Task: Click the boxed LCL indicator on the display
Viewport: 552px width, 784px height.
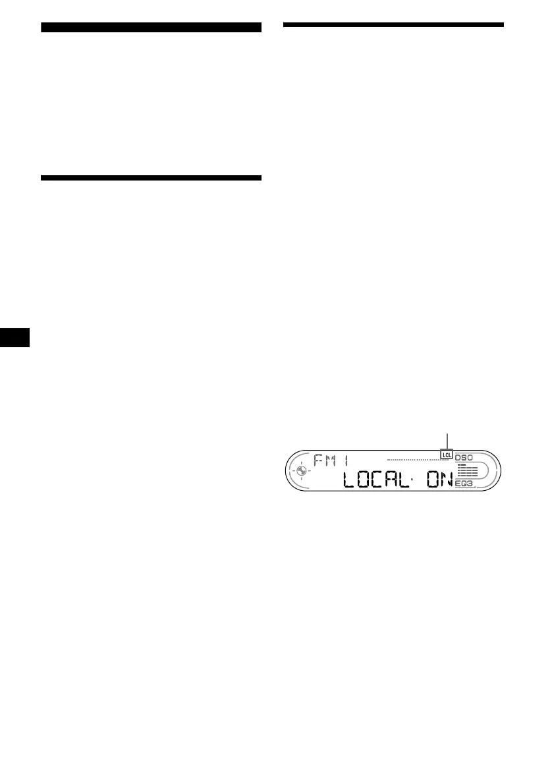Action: (x=447, y=455)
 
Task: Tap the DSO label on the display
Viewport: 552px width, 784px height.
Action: (x=464, y=456)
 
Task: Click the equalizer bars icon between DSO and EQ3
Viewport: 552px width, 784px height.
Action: (x=467, y=470)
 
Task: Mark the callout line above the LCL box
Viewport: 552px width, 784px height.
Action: (x=447, y=441)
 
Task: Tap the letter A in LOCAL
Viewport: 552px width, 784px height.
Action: (x=394, y=480)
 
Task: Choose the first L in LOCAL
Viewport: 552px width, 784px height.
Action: (x=348, y=480)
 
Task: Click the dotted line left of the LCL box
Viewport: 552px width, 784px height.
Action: (x=414, y=459)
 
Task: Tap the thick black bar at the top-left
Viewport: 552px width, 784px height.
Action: (x=151, y=27)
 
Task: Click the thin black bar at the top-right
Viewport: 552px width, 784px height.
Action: (x=393, y=25)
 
